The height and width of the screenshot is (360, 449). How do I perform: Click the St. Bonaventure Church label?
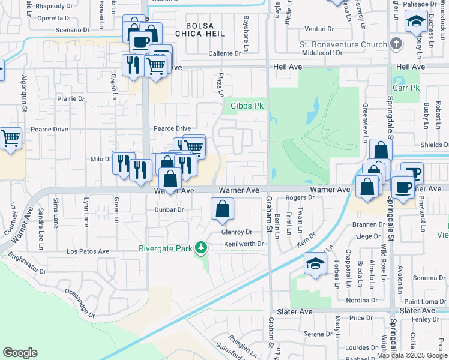pyautogui.click(x=343, y=44)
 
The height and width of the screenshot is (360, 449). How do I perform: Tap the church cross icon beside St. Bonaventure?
pyautogui.click(x=396, y=43)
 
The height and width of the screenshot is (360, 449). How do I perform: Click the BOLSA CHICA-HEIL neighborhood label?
pyautogui.click(x=205, y=29)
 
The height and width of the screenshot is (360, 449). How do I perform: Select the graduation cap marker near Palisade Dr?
pyautogui.click(x=416, y=22)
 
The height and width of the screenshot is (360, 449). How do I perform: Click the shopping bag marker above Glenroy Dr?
pyautogui.click(x=222, y=209)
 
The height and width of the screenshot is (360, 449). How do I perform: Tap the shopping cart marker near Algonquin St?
pyautogui.click(x=10, y=139)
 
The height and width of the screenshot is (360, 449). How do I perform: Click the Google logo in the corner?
pyautogui.click(x=20, y=352)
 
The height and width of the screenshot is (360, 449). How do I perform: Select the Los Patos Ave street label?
pyautogui.click(x=88, y=251)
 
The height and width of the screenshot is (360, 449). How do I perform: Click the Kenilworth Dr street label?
pyautogui.click(x=244, y=244)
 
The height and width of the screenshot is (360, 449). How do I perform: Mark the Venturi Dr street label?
pyautogui.click(x=318, y=28)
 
